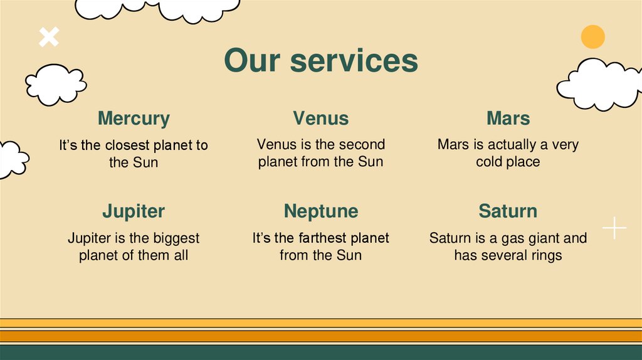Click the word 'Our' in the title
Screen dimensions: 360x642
[x=252, y=61]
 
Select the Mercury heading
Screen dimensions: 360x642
[x=134, y=118]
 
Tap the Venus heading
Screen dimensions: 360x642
[x=320, y=118]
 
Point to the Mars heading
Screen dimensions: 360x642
[x=508, y=118]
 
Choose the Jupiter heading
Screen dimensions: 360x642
[x=134, y=211]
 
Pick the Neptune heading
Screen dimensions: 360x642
[x=320, y=211]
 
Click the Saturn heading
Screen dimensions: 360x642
[x=508, y=211]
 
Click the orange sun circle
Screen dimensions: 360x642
[x=592, y=37]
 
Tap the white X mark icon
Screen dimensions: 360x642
[x=49, y=37]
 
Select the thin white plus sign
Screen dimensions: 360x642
[x=614, y=228]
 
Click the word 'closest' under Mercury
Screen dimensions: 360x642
[x=127, y=146]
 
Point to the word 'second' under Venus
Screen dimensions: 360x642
[x=363, y=144]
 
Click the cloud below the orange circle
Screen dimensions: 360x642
[x=598, y=84]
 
